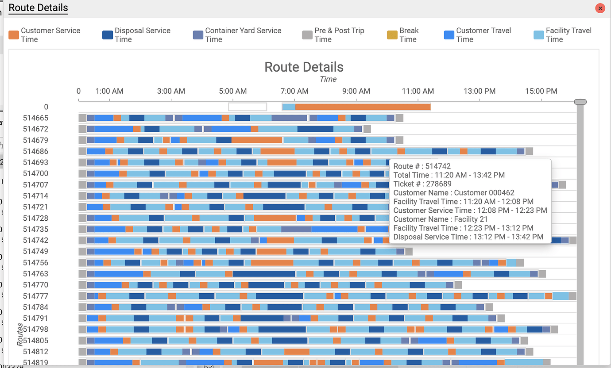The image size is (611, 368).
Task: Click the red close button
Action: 600,8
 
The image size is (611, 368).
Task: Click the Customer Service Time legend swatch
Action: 14,35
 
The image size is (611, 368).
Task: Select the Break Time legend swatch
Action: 392,35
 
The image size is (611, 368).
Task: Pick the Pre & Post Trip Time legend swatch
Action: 307,35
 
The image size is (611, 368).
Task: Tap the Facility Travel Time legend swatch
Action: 538,35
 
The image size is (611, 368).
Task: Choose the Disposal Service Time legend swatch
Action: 108,35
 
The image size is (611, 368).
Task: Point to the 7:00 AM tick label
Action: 294,91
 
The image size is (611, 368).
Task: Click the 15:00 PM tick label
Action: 541,91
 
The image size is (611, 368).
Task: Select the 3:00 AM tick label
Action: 171,91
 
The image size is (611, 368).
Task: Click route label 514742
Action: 35,240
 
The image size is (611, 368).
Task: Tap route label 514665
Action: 35,118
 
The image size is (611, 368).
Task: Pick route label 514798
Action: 35,329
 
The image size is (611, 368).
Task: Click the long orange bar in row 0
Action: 363,107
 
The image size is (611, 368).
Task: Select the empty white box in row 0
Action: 247,107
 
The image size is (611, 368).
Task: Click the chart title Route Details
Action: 304,67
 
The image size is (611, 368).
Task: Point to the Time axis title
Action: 328,79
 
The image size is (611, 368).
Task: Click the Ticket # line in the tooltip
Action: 422,184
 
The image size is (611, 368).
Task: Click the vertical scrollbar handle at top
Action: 580,102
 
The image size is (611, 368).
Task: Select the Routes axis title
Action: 20,333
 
